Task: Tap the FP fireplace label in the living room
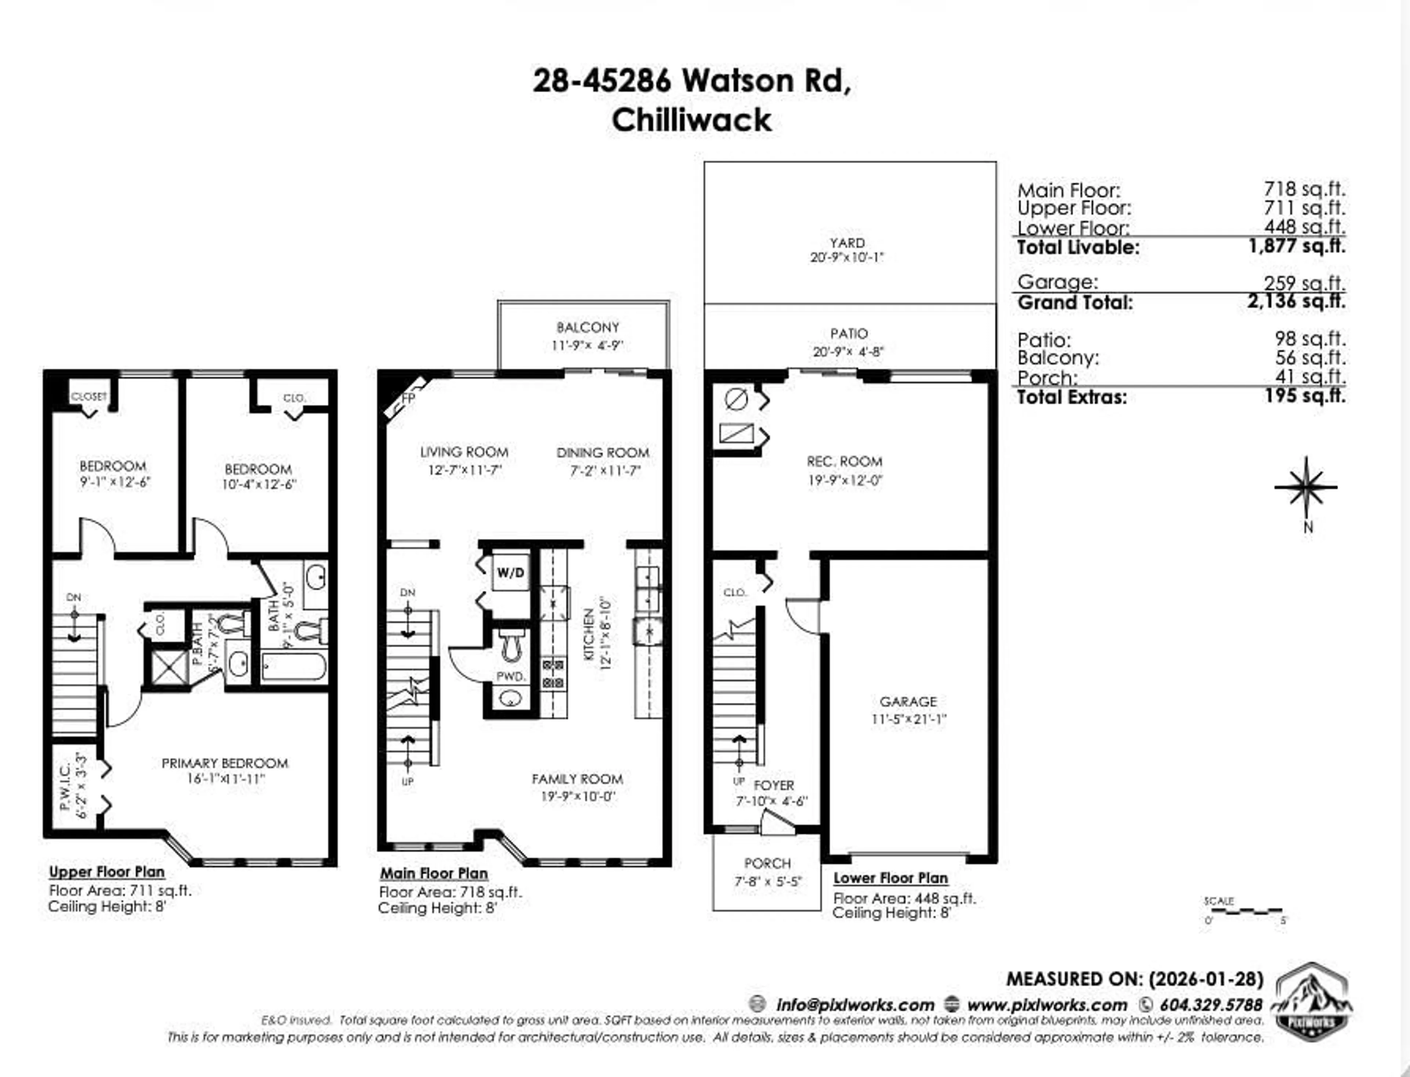pos(408,399)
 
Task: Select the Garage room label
pos(908,701)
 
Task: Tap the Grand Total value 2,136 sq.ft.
pos(1296,301)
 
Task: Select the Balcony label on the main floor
pos(587,327)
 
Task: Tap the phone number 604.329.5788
pos(1211,1005)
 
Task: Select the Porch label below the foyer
pos(767,863)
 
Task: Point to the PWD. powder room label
pos(511,676)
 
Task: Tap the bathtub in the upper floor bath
pos(294,667)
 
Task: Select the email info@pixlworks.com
pos(855,1005)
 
